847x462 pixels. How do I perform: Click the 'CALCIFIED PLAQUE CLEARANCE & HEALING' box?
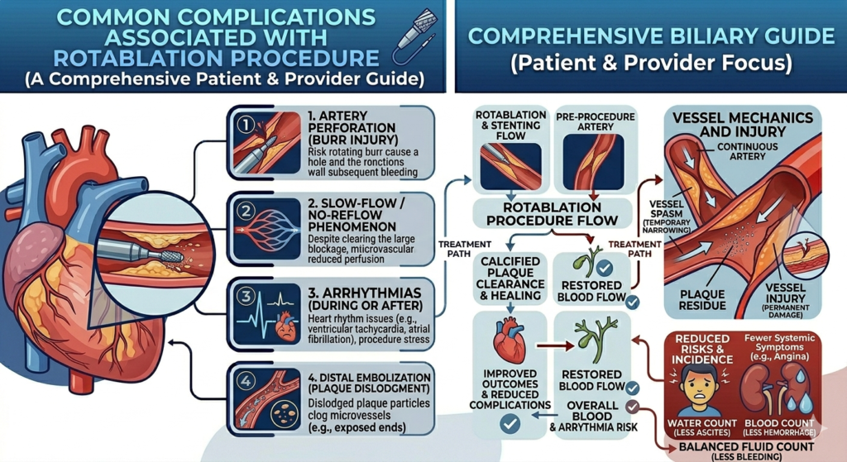509,277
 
